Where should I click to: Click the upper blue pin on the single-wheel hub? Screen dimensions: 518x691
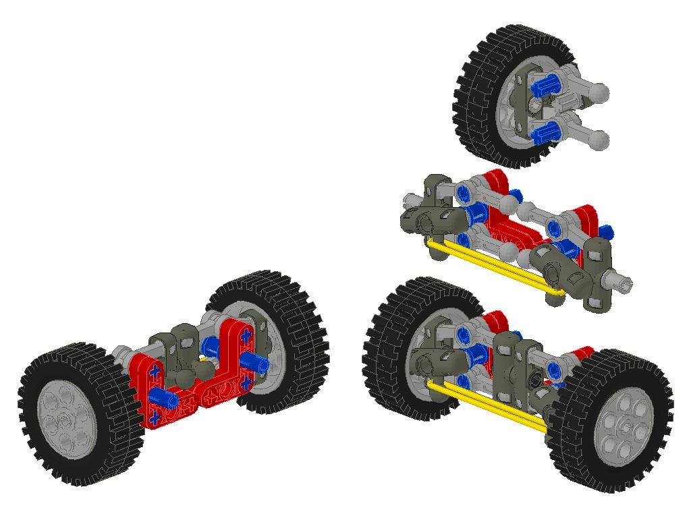(546, 86)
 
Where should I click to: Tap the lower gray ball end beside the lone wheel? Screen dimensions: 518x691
(598, 140)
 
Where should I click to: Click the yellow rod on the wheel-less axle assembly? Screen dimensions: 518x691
(496, 266)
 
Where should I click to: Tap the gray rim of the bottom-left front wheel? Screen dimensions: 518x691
(67, 418)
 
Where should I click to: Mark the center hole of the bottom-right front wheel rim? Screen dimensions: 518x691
(625, 426)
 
